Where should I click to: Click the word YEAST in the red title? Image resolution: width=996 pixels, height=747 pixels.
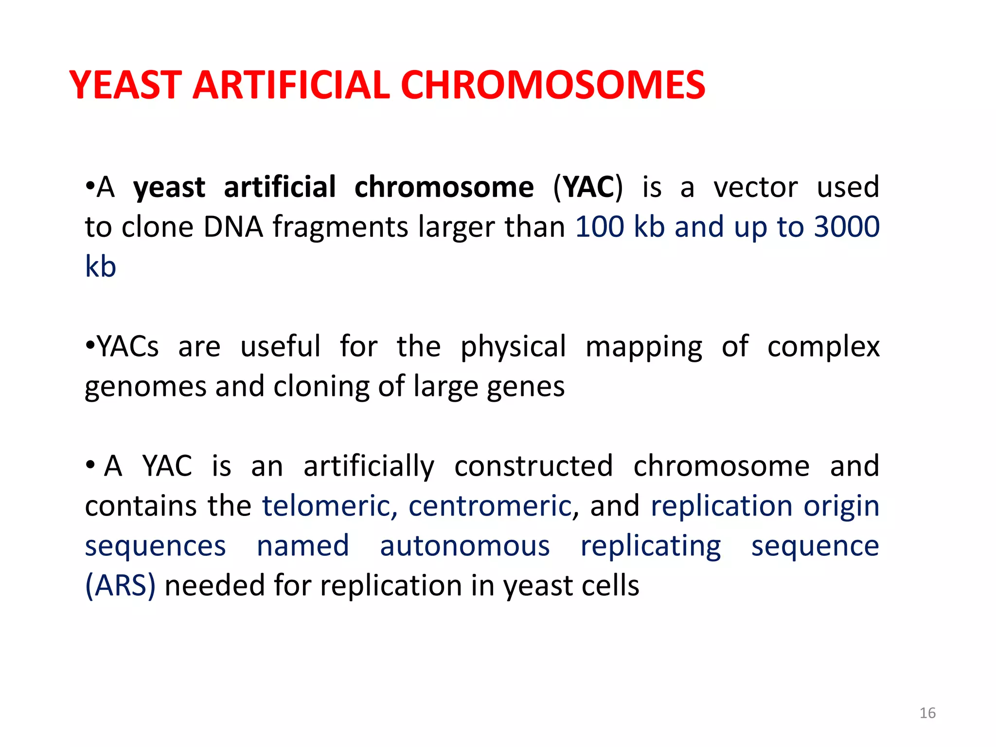coord(125,85)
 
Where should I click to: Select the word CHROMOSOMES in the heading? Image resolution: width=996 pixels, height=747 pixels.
coord(552,85)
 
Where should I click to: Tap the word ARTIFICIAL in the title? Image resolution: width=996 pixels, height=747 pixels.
coord(291,85)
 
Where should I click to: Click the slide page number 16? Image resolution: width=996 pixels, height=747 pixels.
coord(927,713)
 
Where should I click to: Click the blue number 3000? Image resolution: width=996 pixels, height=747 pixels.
coord(847,227)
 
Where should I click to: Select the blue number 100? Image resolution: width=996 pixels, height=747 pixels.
coord(599,227)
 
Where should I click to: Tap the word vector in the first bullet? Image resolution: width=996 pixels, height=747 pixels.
coord(755,187)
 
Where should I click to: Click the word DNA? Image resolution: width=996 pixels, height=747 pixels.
coord(233,227)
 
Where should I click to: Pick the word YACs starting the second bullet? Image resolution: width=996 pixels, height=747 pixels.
coord(128,346)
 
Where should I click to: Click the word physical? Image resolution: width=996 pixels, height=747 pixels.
coord(513,347)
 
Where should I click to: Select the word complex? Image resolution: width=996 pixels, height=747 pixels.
coord(823,347)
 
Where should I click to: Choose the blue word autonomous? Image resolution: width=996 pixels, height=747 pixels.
coord(464,546)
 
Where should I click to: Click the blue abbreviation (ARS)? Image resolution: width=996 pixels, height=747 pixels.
coord(120,586)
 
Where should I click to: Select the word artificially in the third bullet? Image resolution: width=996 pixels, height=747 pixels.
coord(369,467)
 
